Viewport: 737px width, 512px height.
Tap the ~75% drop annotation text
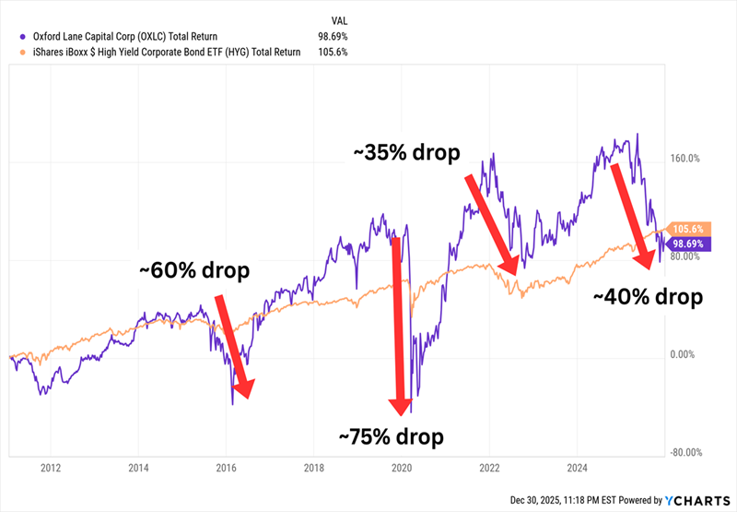391,435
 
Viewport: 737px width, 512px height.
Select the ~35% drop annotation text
406,152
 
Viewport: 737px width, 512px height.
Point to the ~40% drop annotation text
648,297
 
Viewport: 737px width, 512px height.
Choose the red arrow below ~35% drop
490,222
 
